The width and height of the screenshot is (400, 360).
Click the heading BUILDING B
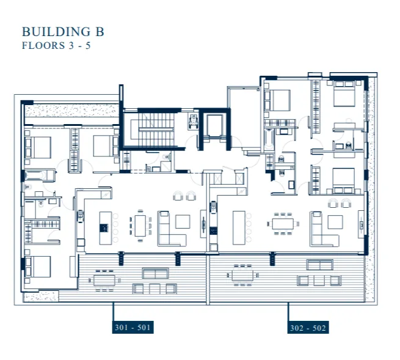[63, 32]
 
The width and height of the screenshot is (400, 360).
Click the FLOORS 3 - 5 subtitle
[56, 45]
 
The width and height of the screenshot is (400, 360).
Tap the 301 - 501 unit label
[133, 328]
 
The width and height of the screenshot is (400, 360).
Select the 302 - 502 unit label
[308, 328]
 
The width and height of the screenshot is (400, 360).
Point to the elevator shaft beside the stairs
[214, 126]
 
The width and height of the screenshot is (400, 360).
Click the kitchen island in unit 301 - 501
[106, 228]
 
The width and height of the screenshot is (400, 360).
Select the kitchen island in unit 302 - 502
[239, 227]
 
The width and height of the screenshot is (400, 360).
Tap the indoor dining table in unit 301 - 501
[140, 226]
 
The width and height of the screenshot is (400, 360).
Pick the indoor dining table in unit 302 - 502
[283, 224]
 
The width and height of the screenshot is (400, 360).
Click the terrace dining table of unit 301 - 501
[104, 280]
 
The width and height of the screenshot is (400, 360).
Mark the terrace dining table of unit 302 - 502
[242, 275]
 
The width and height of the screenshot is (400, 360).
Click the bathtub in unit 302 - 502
[269, 139]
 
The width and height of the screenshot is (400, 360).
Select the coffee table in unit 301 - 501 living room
[183, 221]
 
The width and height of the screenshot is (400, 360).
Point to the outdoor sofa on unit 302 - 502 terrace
[320, 265]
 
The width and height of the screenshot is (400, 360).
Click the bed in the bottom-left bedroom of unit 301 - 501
[38, 266]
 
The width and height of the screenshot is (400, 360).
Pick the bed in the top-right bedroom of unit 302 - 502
[344, 94]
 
